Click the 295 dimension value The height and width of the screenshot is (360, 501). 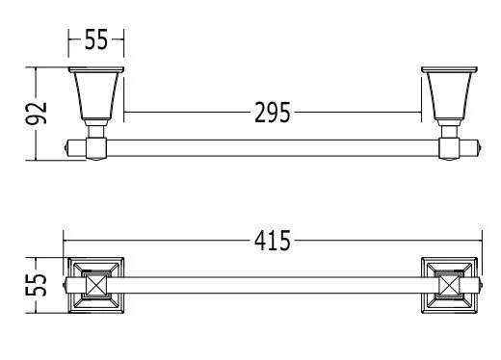tap(273, 113)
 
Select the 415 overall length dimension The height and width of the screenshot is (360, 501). tap(273, 241)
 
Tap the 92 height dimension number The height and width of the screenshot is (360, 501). tap(37, 114)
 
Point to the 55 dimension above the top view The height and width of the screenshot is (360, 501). tap(96, 39)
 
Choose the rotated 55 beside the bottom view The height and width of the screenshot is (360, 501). tap(37, 285)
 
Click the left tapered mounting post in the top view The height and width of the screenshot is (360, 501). tap(96, 95)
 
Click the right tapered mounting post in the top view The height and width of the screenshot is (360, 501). tap(449, 95)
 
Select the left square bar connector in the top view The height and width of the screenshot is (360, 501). tap(96, 148)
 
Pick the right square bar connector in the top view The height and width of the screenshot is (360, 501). tap(449, 148)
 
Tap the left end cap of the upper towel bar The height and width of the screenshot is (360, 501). tap(66, 148)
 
